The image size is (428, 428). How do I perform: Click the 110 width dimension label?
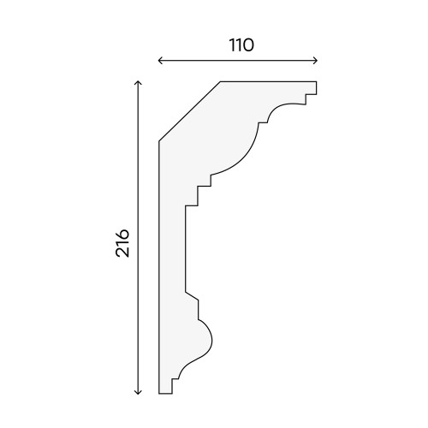[241, 45]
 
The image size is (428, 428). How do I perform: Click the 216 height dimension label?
[122, 243]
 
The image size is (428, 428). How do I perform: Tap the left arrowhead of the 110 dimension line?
[160, 61]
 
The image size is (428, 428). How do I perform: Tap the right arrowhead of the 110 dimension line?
[316, 61]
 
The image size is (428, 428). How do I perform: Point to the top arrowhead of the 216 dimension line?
[138, 83]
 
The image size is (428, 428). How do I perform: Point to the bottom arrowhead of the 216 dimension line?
[138, 392]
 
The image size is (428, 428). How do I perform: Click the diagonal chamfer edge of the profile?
[190, 111]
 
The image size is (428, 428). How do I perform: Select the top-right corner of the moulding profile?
[317, 82]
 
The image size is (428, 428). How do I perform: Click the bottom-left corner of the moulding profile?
[159, 394]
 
